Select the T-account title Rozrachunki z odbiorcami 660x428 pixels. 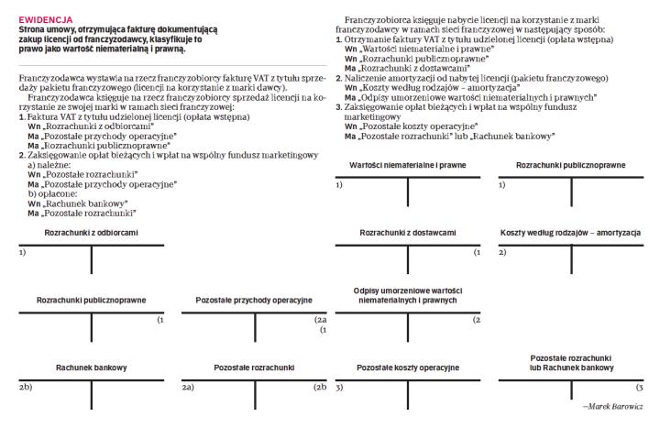(92, 234)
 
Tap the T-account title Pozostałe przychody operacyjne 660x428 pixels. (254, 300)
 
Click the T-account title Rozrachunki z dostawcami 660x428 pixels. (408, 234)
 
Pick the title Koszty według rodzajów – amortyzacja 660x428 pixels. (570, 234)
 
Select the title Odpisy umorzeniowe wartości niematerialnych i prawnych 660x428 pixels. (408, 295)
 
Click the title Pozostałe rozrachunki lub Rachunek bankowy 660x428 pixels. (570, 362)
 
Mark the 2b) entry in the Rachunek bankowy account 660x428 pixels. (26, 388)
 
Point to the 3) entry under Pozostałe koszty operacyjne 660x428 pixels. (339, 388)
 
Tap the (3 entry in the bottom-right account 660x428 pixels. (640, 388)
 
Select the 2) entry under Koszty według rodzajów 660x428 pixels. (502, 252)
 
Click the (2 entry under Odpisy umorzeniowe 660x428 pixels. (477, 320)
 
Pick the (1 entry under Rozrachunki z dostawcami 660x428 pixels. (477, 252)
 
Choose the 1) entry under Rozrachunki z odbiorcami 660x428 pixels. (23, 252)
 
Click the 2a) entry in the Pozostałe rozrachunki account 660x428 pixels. (188, 388)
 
